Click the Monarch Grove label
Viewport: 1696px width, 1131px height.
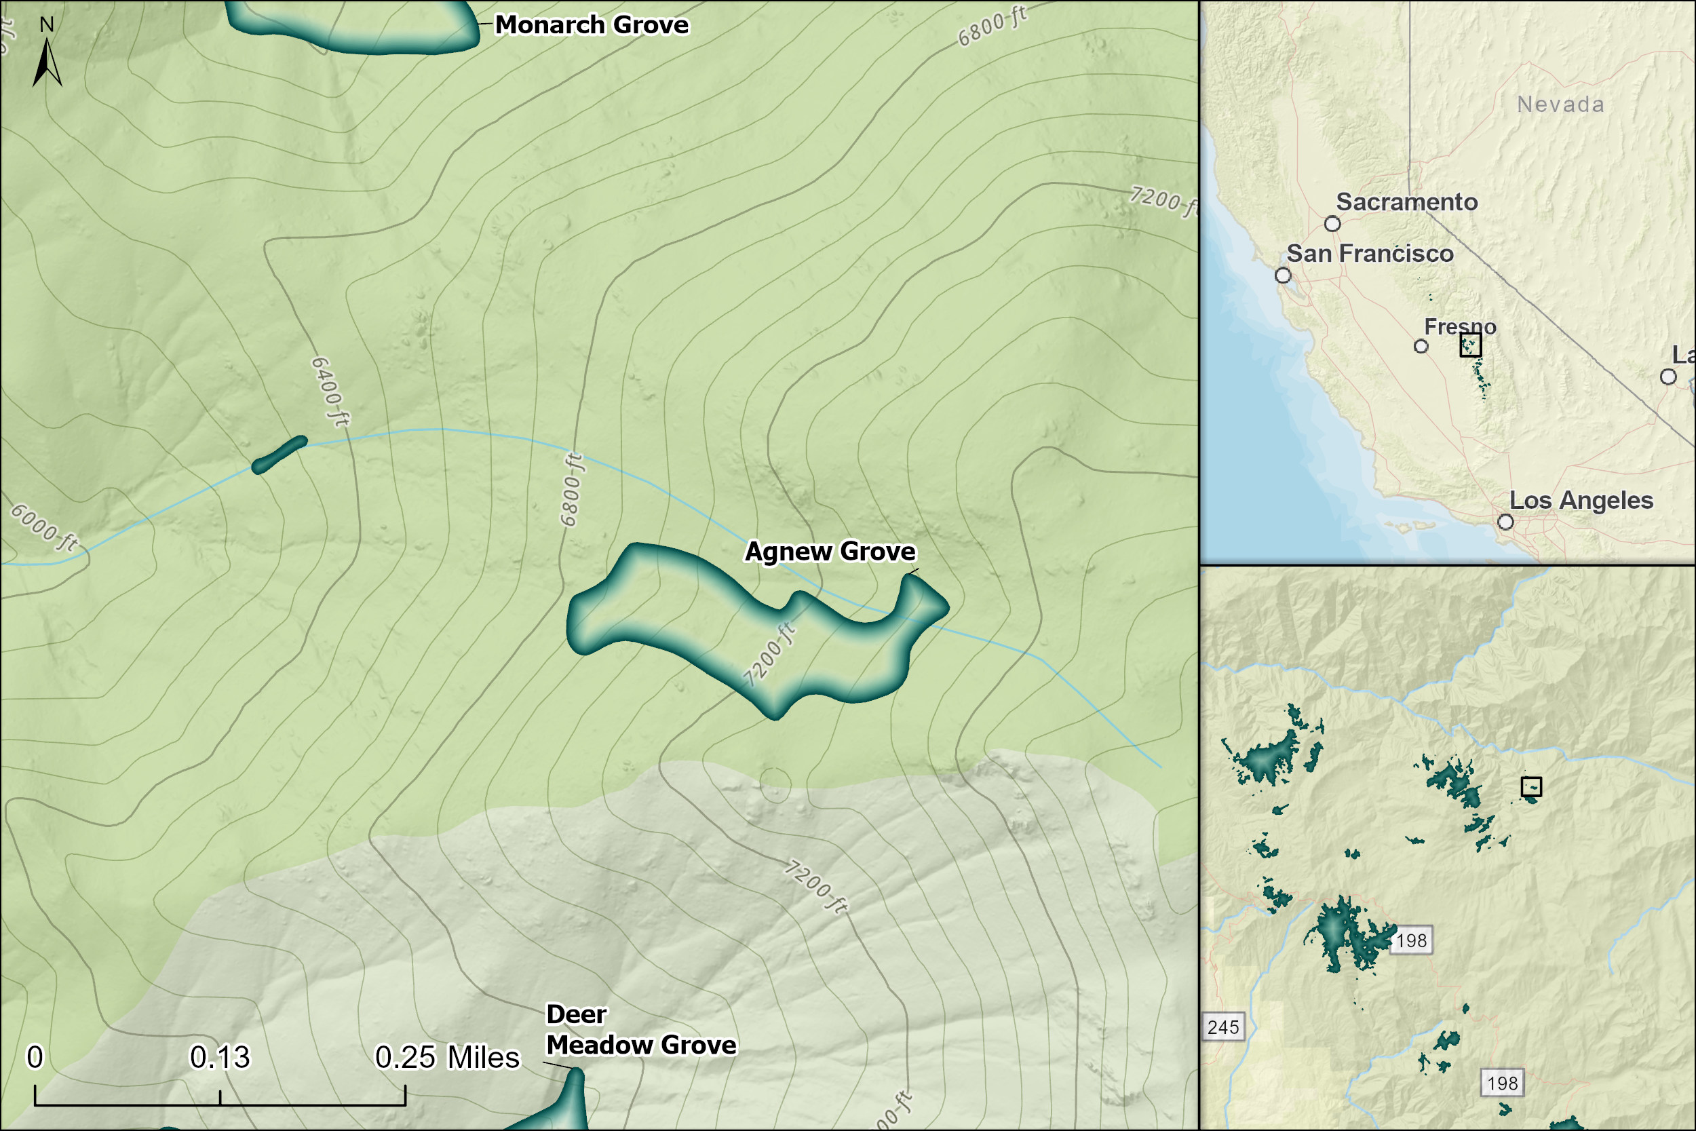pos(592,25)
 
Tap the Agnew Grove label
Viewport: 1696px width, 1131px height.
pos(830,552)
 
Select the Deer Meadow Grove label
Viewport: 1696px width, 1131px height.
pos(640,1030)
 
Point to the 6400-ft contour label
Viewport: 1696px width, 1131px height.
pos(330,391)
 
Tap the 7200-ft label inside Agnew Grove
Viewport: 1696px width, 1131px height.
pos(769,655)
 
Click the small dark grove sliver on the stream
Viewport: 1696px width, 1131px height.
pos(280,455)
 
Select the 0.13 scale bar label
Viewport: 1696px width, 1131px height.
pos(219,1058)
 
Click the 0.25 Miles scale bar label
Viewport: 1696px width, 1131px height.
pos(447,1058)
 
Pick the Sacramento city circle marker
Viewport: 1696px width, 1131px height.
pos(1332,224)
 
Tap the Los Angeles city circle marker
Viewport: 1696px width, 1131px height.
pos(1505,522)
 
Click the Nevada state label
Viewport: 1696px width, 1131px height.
pos(1560,104)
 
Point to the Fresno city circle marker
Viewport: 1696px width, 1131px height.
pos(1421,346)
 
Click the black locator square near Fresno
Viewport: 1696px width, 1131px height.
pos(1470,345)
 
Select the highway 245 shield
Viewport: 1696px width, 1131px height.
pos(1223,1027)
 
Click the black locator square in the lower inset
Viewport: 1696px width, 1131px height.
pos(1531,786)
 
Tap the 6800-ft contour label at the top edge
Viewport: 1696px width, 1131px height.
pos(992,26)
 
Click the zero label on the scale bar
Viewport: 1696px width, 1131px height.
pos(35,1058)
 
